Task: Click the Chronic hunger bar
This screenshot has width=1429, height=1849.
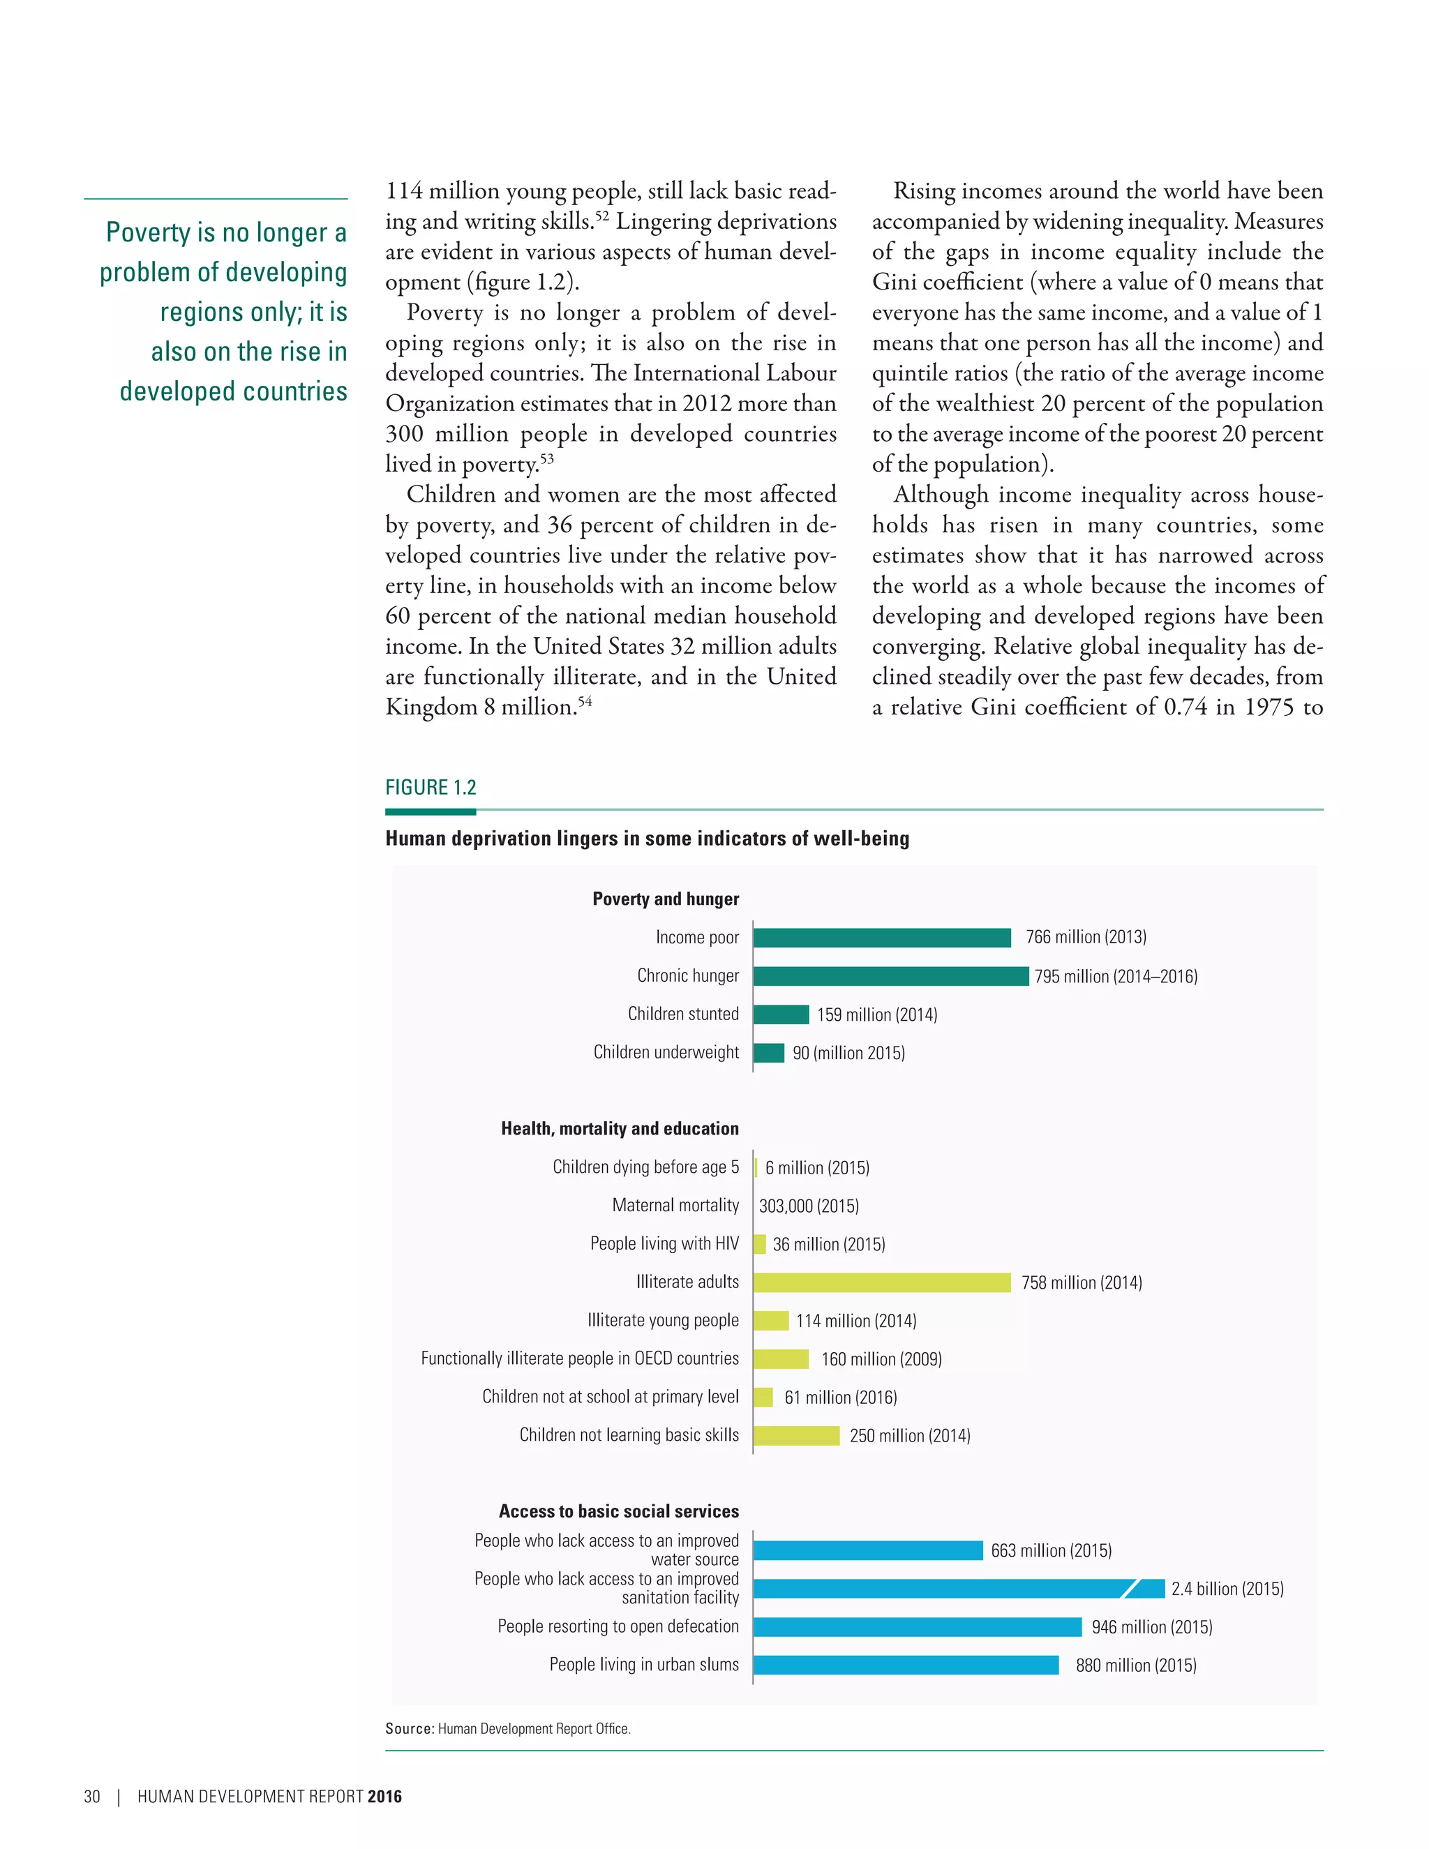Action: tap(890, 976)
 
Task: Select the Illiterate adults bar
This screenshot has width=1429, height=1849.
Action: tap(881, 1282)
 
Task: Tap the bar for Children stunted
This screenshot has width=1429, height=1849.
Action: tap(781, 1015)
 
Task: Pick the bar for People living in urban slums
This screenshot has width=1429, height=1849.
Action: tap(905, 1665)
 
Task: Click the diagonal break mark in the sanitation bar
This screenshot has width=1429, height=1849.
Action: tap(1130, 1589)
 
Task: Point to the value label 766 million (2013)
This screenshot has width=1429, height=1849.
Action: tap(1086, 937)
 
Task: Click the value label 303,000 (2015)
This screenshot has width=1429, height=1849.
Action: tap(809, 1206)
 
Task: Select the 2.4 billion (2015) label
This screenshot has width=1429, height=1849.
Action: tap(1227, 1589)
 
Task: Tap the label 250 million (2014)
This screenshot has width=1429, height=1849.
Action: tap(910, 1436)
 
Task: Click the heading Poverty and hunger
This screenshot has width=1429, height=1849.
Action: tap(666, 899)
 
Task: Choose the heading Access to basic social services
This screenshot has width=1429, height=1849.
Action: tap(618, 1511)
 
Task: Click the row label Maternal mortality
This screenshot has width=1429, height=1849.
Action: tap(675, 1206)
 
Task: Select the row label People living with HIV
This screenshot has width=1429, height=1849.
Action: tap(664, 1243)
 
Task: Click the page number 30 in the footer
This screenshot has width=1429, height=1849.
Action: tap(91, 1797)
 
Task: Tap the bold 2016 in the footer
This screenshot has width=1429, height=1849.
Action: tap(385, 1797)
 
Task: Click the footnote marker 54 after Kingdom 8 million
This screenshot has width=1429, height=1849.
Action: tap(585, 701)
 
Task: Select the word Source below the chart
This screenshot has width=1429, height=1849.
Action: tap(409, 1729)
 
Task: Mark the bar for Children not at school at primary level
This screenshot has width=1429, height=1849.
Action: tap(763, 1397)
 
